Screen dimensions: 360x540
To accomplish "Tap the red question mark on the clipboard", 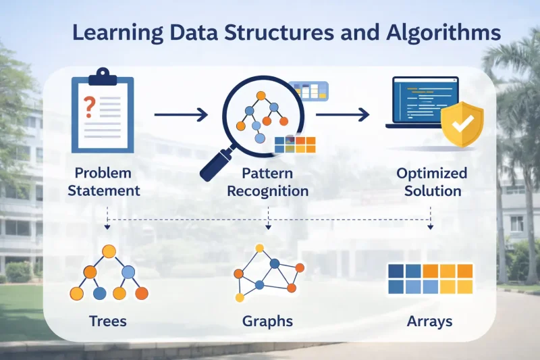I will pos(88,107).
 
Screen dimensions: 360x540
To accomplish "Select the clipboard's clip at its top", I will pos(103,74).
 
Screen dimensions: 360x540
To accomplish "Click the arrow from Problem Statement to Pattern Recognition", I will pos(180,115).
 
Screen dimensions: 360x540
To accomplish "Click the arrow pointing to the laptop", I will pos(342,115).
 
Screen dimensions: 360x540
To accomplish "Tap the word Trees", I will pos(108,320).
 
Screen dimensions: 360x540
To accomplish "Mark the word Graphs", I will pos(268,320).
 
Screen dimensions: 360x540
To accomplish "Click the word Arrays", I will pos(429,320).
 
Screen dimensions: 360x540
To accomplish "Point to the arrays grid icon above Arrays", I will pos(429,279).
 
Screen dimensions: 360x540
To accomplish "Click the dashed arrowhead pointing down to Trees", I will pos(108,226).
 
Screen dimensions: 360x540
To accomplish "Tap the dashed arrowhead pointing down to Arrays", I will pos(431,226).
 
